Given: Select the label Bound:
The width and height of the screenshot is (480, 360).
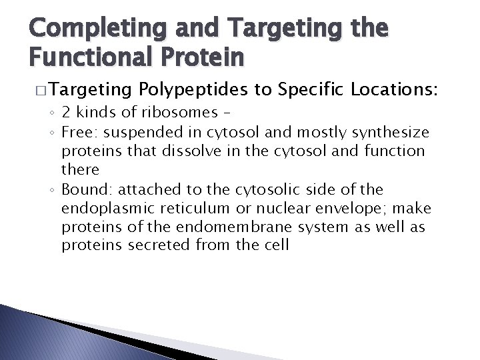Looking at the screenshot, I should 85,189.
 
